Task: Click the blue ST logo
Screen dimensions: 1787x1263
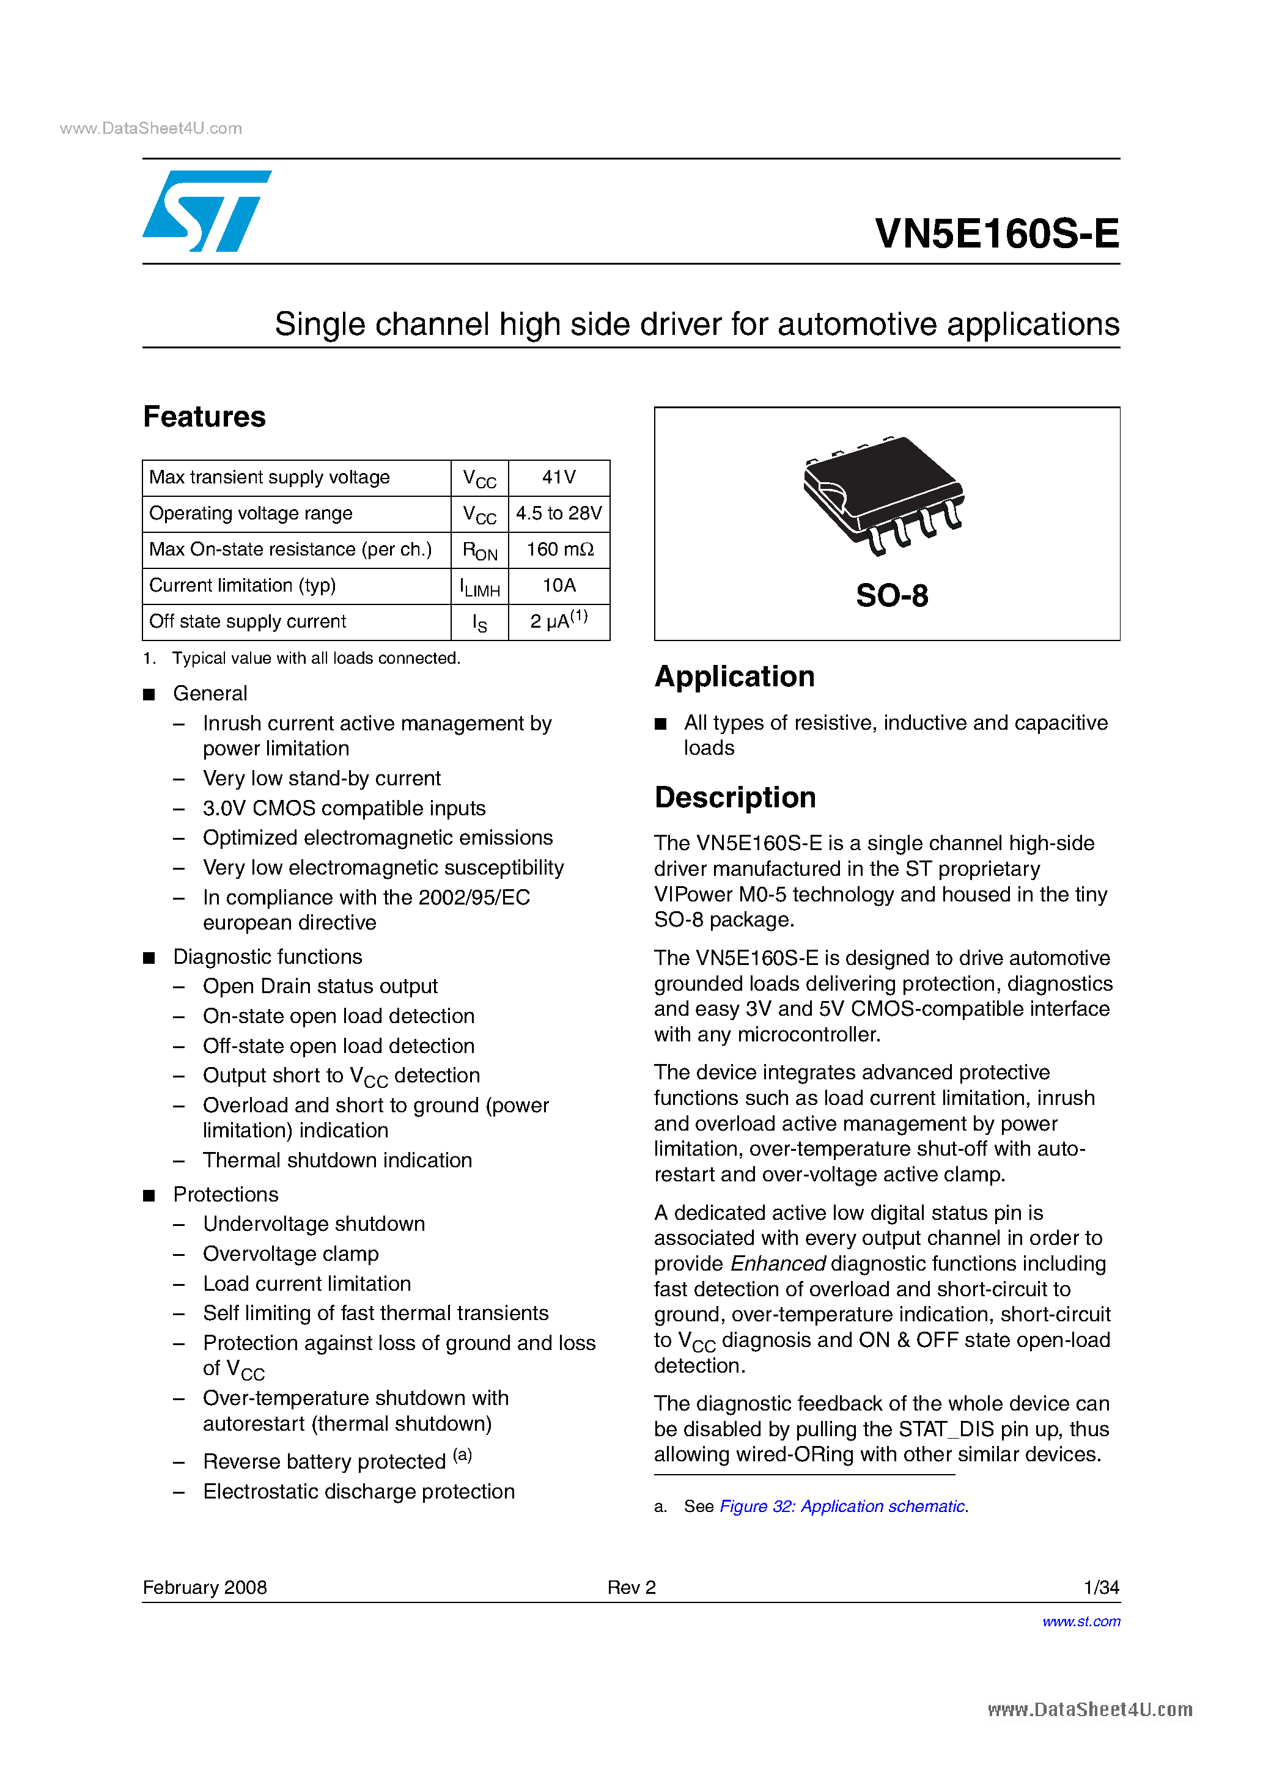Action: pos(207,211)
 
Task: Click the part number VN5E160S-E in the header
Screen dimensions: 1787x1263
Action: pos(996,233)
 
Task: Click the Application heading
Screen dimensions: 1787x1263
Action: pos(734,677)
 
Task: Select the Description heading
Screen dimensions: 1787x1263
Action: pos(735,798)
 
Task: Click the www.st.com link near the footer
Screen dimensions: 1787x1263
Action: pos(1081,1622)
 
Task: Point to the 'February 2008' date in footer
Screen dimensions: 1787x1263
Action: pos(205,1588)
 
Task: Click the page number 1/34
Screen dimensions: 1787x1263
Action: pos(1101,1588)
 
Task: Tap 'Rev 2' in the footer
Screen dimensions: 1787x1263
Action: pos(631,1588)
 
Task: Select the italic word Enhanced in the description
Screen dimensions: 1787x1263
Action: pos(778,1264)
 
